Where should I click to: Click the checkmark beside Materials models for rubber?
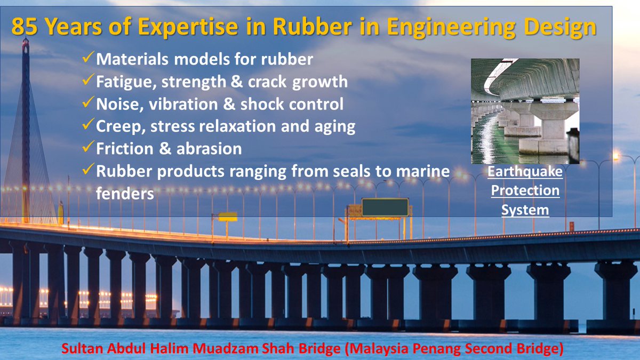[x=89, y=59]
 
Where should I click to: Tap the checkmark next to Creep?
[x=89, y=126]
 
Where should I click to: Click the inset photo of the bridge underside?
[x=525, y=111]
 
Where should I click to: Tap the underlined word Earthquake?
[x=525, y=172]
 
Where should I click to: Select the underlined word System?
[x=525, y=210]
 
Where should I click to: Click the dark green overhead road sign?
[x=386, y=207]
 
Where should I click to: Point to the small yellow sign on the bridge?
[x=228, y=216]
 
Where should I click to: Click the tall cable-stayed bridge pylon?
[x=25, y=128]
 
